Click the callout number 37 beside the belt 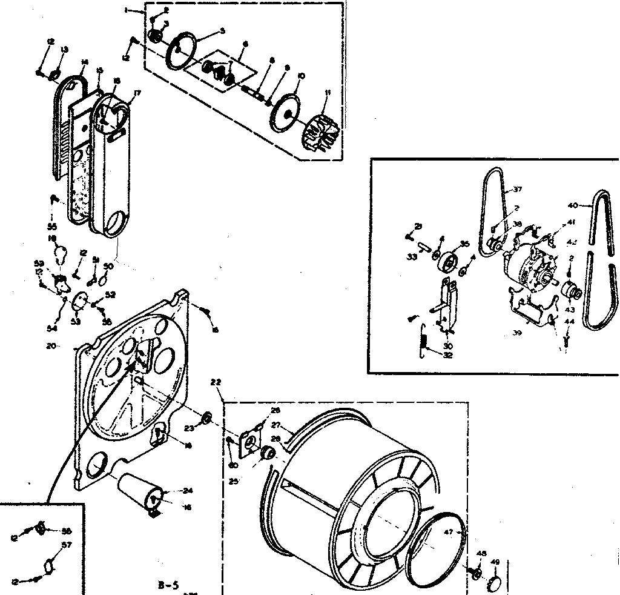tap(517, 190)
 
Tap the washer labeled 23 tap(205, 417)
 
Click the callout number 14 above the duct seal tap(85, 61)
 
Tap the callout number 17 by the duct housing tap(137, 93)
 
